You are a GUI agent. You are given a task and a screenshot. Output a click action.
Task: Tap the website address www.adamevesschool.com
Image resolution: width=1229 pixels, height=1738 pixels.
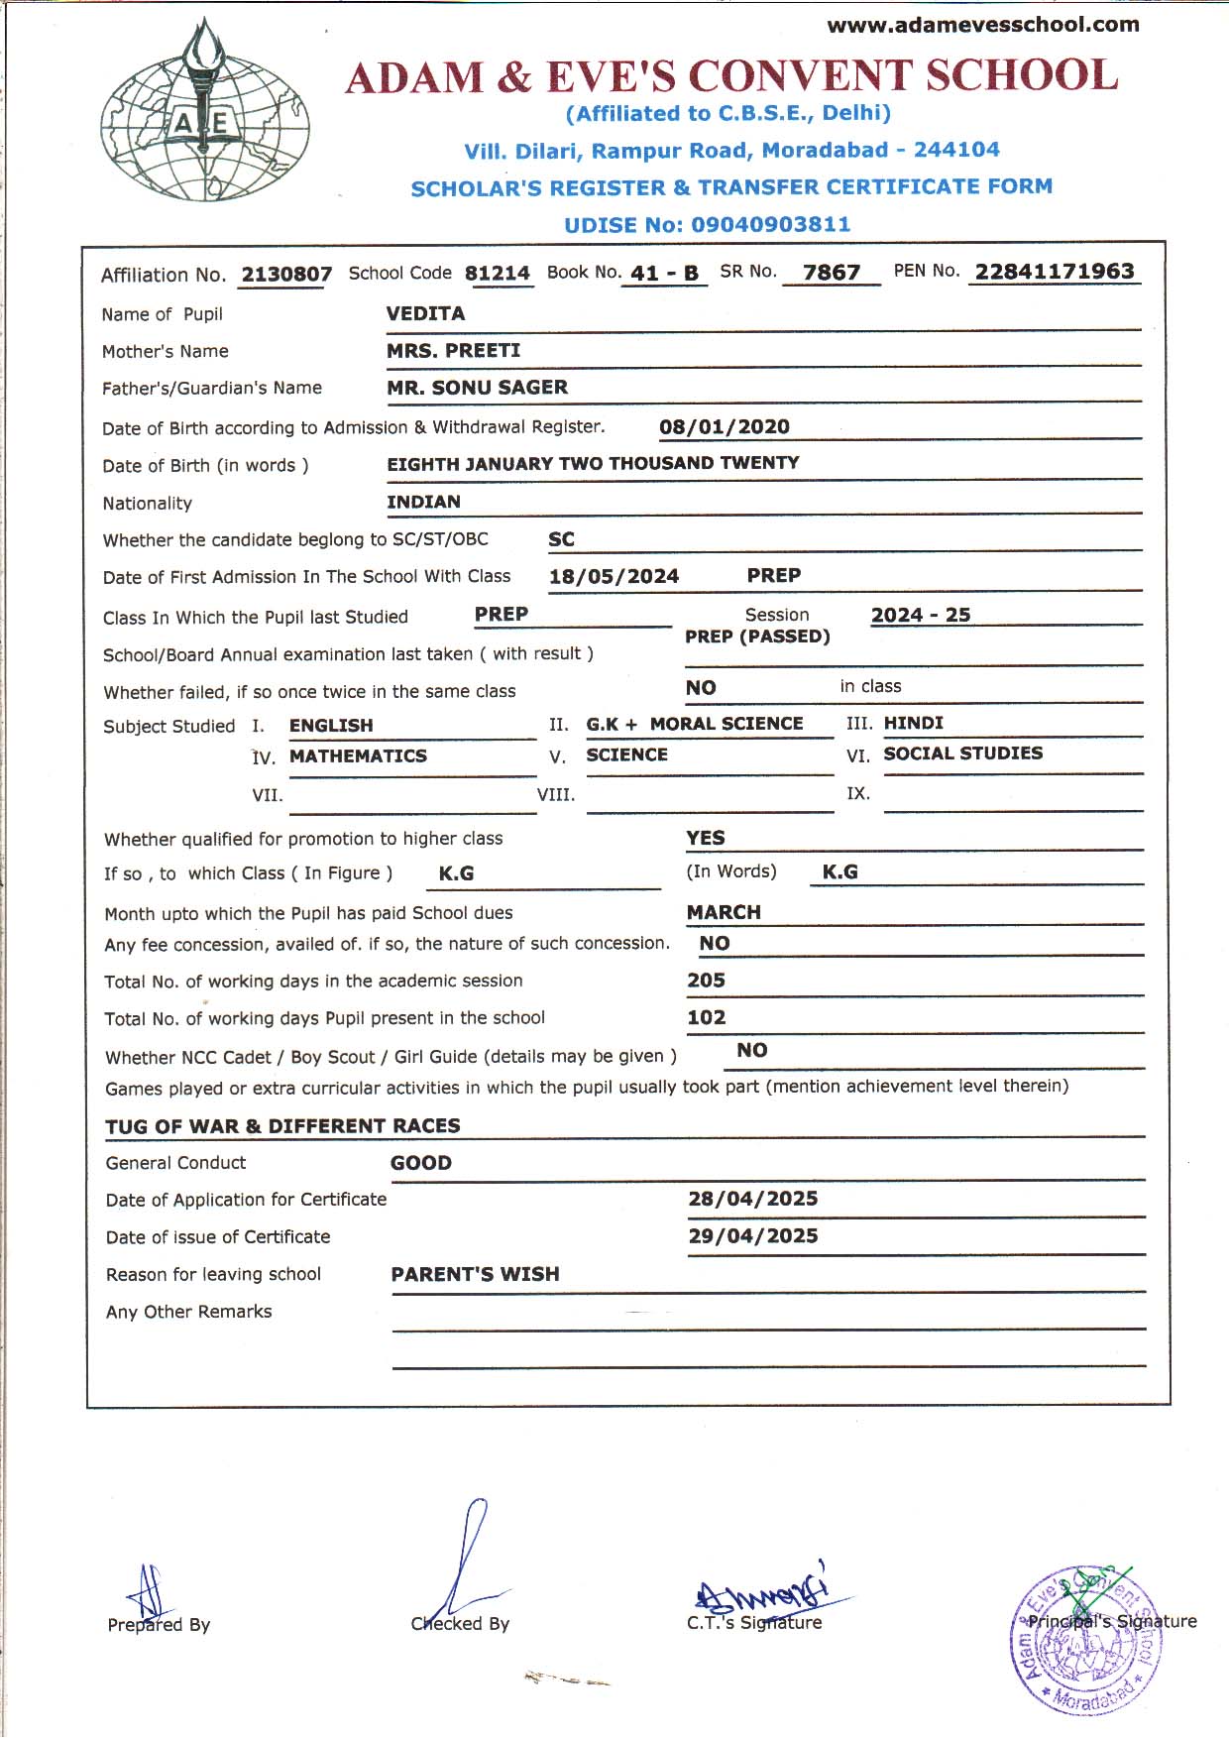[982, 25]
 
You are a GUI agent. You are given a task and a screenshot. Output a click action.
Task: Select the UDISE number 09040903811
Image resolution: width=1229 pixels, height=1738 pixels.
[770, 225]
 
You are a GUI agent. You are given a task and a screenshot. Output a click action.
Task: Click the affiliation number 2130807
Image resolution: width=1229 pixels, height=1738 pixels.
[286, 274]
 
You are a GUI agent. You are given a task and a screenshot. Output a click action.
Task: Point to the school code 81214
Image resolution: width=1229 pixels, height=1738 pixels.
[498, 273]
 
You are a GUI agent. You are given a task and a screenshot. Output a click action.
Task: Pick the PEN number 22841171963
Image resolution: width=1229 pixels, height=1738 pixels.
[1054, 271]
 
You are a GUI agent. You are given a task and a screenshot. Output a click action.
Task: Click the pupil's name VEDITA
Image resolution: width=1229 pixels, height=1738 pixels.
[425, 313]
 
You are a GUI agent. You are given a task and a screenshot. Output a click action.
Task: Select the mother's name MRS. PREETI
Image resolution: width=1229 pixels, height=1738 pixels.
[453, 350]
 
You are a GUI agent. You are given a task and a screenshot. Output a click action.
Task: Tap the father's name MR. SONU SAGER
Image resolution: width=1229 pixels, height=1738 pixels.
[477, 388]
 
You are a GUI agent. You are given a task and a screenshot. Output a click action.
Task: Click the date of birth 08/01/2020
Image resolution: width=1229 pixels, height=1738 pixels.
[724, 426]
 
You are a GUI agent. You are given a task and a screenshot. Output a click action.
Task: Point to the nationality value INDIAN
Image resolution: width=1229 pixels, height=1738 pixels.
[423, 502]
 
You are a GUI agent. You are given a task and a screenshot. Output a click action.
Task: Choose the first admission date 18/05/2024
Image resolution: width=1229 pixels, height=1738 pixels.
[614, 576]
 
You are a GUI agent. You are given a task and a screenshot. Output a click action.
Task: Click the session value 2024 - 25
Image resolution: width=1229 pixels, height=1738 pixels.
[920, 615]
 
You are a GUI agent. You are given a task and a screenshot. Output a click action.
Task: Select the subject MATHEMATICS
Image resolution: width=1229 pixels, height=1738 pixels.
[358, 755]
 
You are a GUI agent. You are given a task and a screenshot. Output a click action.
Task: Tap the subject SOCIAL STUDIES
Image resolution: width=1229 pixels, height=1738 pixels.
[962, 753]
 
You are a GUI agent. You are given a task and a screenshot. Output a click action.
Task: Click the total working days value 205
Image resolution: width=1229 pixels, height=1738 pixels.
[706, 980]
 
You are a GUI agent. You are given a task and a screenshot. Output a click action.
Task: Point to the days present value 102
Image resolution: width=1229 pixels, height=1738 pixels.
[706, 1017]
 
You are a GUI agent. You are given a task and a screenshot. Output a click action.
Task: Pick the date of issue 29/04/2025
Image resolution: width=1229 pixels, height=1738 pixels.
[752, 1235]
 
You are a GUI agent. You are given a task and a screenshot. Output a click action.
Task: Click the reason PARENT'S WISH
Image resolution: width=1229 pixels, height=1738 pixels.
[475, 1274]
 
